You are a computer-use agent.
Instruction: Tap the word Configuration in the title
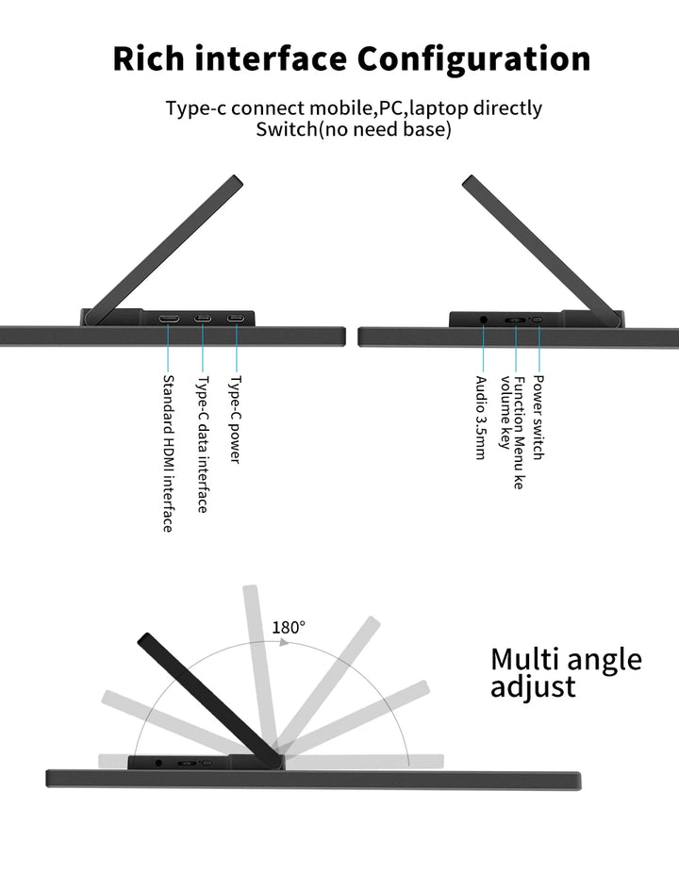[474, 58]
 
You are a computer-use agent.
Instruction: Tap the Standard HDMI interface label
[168, 453]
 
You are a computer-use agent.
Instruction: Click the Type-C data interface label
[202, 444]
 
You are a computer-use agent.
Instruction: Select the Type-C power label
[235, 420]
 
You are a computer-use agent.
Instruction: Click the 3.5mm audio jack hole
[485, 320]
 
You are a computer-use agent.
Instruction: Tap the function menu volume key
[515, 320]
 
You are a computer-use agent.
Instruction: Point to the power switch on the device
[538, 320]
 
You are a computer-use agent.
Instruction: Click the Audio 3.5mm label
[481, 417]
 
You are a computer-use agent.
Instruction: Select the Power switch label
[538, 417]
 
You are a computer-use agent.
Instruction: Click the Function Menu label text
[519, 431]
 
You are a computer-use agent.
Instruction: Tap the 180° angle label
[289, 627]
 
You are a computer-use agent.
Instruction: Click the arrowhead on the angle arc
[285, 642]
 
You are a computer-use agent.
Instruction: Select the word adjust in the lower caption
[533, 686]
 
